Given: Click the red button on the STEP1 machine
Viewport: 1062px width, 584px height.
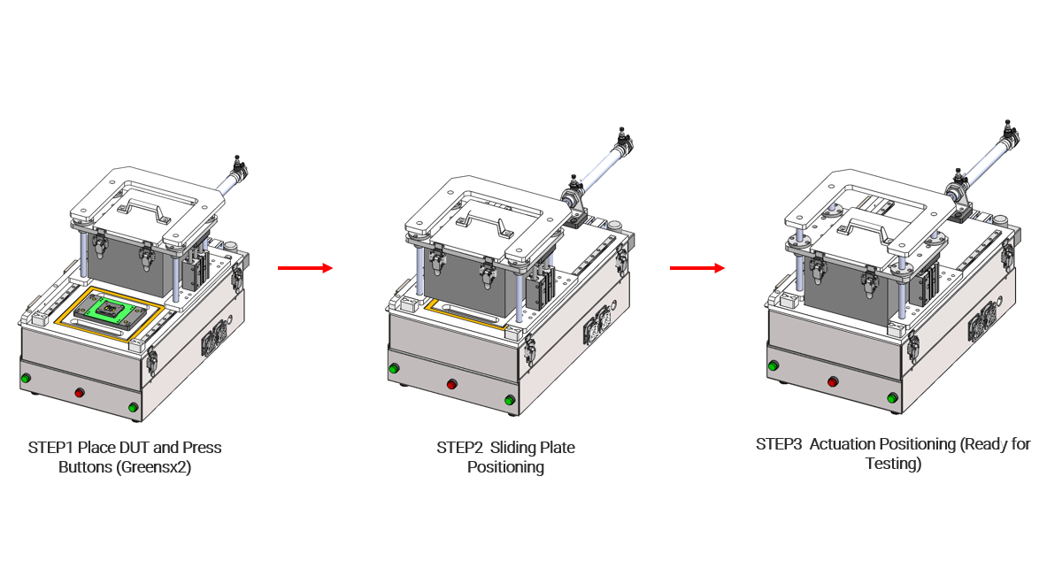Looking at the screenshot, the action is tap(80, 393).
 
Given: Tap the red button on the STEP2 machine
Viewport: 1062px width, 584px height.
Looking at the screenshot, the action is tap(452, 384).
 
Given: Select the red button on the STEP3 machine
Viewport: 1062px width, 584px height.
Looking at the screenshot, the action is tap(833, 381).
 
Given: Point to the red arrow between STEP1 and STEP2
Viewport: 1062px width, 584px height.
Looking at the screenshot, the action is tap(305, 268).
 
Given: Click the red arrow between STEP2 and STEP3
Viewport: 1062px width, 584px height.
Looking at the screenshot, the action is tap(697, 268).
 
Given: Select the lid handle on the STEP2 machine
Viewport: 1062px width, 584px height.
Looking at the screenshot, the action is tap(486, 224).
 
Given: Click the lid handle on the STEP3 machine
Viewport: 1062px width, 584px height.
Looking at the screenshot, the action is tap(866, 230).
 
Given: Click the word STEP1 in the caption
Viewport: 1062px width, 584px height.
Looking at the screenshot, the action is tap(50, 448).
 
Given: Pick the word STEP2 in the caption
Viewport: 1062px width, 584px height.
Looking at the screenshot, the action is tap(459, 448).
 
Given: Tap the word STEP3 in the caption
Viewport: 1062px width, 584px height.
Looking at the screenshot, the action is tap(779, 444).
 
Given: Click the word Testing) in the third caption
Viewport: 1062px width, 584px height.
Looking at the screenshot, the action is tap(893, 464).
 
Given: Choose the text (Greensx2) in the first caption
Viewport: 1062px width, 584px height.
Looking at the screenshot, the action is tap(154, 467).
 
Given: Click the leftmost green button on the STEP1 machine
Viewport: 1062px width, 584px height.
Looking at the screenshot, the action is tap(26, 379).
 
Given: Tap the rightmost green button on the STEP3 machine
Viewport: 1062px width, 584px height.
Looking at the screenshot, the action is tap(892, 397).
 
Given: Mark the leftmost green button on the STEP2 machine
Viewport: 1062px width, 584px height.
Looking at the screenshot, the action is tap(394, 368).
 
